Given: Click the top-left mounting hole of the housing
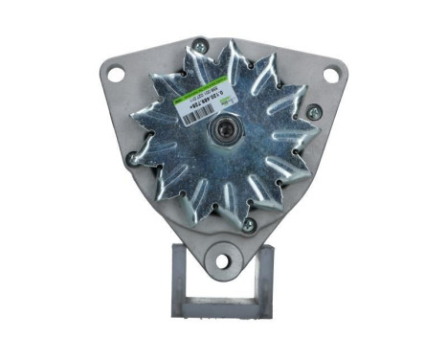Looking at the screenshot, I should point(116,71).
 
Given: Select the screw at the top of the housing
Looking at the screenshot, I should point(199,43).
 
